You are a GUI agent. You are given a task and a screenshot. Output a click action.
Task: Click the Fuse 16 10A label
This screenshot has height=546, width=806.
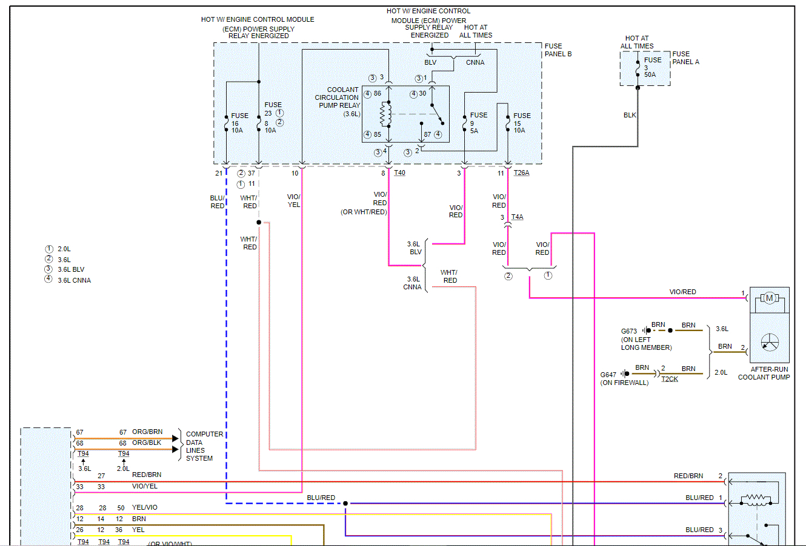(x=238, y=123)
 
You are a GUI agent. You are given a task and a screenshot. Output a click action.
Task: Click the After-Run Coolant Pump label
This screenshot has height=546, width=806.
(x=764, y=373)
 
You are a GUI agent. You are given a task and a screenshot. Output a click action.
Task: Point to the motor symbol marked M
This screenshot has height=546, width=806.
(x=769, y=298)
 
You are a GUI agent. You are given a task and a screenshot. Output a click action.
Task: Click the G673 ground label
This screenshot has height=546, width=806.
(x=629, y=331)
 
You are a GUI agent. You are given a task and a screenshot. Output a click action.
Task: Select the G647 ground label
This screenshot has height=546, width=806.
(x=608, y=375)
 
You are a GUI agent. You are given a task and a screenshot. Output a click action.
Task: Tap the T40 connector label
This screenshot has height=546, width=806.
(x=399, y=173)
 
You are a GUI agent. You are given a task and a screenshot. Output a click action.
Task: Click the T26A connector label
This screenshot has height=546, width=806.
(x=521, y=173)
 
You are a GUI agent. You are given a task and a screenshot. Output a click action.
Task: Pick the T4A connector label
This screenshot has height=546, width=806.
(x=517, y=217)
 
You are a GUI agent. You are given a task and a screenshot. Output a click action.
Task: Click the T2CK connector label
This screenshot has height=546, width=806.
(x=670, y=379)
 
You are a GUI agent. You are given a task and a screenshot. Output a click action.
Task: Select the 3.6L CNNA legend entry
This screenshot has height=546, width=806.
(x=74, y=280)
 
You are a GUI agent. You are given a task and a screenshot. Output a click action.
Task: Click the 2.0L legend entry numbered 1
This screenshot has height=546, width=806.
(x=64, y=249)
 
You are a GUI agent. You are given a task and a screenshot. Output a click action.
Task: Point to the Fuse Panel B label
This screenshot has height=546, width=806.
(x=558, y=50)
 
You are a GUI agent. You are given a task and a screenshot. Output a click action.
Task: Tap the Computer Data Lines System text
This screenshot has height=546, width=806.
(x=204, y=446)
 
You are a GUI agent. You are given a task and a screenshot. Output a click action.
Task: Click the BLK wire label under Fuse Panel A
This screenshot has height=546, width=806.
(x=630, y=115)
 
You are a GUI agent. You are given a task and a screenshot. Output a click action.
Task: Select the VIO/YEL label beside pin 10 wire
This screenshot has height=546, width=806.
(x=293, y=201)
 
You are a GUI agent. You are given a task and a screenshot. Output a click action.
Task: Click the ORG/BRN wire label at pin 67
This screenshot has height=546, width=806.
(x=147, y=432)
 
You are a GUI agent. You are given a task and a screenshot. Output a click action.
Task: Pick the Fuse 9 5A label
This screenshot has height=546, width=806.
(x=478, y=123)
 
